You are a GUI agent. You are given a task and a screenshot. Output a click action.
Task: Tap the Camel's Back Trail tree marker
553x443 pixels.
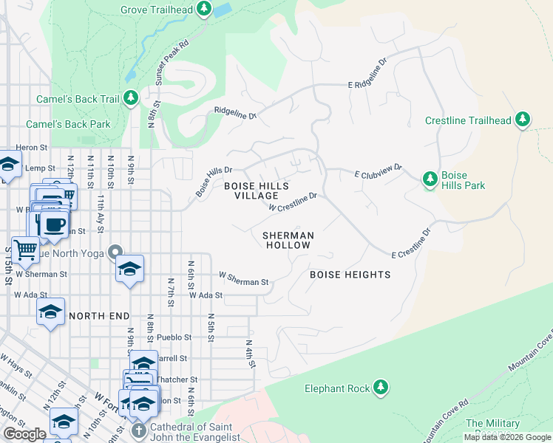click(x=131, y=98)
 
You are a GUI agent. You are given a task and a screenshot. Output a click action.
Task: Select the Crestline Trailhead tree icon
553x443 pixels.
click(x=523, y=120)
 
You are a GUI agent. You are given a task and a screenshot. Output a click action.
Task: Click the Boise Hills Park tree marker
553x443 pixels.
click(x=430, y=179)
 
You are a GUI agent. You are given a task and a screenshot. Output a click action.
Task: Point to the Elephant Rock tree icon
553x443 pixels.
click(x=380, y=388)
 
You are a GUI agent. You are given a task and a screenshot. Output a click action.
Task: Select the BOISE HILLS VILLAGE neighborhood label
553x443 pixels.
click(x=257, y=190)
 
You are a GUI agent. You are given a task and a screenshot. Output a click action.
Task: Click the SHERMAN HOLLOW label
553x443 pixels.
click(x=288, y=240)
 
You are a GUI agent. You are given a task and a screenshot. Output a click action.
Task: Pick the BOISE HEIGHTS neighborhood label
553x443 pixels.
click(x=350, y=275)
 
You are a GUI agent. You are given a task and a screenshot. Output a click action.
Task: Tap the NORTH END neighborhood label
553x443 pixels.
click(x=94, y=316)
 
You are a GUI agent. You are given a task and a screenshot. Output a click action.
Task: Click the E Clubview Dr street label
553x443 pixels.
click(x=378, y=171)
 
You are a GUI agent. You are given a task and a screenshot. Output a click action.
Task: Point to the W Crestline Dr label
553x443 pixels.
click(x=293, y=202)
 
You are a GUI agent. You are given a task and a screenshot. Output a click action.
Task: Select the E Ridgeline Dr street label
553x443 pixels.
click(x=368, y=76)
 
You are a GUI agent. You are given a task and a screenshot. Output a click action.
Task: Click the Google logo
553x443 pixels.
click(x=24, y=434)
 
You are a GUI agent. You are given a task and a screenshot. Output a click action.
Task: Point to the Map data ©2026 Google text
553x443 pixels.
click(x=506, y=437)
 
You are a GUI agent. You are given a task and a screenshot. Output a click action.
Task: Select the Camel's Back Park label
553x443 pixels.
click(x=68, y=124)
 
